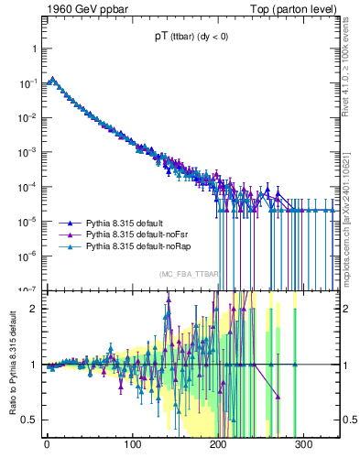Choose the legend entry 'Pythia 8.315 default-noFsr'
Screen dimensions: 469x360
pos(136,234)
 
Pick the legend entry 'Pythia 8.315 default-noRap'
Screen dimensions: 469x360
pos(137,246)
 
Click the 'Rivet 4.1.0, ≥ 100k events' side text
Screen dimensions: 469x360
pos(349,72)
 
